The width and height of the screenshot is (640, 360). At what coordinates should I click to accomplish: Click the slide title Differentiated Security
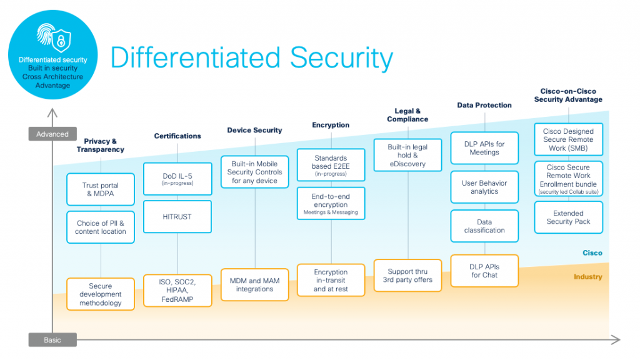tap(251, 58)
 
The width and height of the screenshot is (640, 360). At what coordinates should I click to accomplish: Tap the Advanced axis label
tap(52, 134)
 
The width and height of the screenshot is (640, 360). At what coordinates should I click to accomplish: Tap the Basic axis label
tap(52, 340)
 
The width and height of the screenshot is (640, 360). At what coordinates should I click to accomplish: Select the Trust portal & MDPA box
tap(101, 189)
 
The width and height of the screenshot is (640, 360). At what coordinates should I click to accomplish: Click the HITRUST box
tap(177, 216)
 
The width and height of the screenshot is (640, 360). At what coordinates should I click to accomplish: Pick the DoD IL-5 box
tap(177, 179)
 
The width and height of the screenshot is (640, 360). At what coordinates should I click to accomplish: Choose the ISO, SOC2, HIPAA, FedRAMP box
tap(177, 290)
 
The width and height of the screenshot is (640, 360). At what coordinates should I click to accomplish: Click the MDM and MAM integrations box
tap(254, 285)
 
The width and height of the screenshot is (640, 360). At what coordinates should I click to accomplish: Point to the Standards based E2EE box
tap(330, 165)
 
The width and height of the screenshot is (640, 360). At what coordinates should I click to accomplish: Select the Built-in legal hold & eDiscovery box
tap(407, 155)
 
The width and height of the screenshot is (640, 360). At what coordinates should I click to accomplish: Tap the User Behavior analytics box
tap(484, 187)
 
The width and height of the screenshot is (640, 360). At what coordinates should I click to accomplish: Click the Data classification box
tap(484, 226)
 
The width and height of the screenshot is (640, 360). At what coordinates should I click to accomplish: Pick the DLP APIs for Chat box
tap(484, 271)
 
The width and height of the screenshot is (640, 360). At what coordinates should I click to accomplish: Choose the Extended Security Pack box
tap(568, 217)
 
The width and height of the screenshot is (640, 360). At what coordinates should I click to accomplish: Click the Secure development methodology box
tap(101, 294)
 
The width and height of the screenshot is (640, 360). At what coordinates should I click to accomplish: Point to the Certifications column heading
tap(177, 136)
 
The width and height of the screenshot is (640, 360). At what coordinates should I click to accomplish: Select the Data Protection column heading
tap(484, 105)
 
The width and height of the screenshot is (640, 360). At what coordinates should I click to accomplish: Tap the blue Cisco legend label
tap(592, 253)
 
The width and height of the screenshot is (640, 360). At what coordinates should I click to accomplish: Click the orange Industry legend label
tap(587, 277)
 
